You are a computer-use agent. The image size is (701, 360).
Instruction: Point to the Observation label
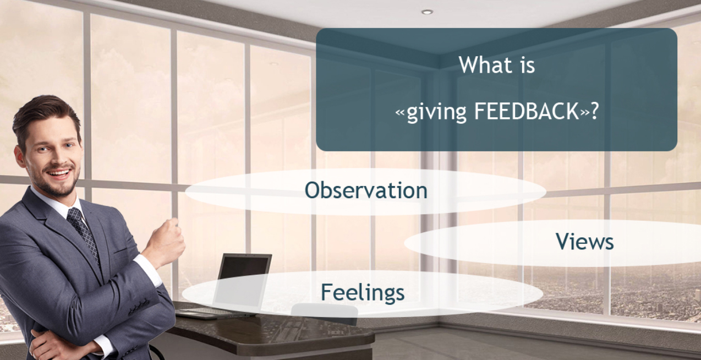[366, 190]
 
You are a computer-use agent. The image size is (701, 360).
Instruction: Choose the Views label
[584, 242]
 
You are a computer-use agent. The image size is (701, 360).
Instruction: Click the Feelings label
[363, 292]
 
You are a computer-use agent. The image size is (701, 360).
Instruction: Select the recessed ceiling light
[427, 12]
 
